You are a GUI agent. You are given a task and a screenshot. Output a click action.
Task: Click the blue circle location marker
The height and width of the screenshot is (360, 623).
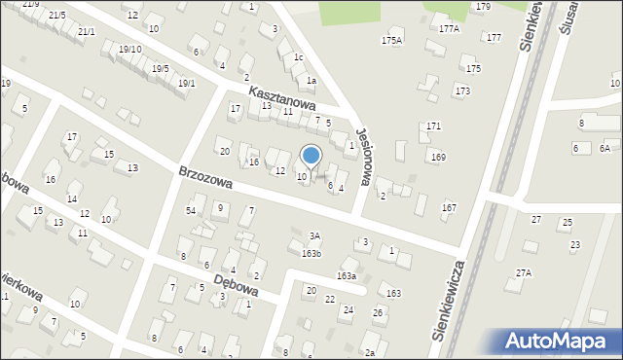click(311, 155)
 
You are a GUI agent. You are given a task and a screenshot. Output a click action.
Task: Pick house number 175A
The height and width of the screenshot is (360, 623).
click(391, 40)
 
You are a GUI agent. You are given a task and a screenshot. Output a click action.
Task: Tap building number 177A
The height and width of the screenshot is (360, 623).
click(449, 29)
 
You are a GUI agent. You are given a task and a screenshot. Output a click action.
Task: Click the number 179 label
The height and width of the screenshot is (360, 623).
click(483, 7)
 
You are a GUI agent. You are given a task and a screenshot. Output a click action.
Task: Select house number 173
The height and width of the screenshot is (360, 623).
click(462, 90)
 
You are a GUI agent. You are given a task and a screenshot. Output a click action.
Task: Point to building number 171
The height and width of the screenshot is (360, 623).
click(434, 126)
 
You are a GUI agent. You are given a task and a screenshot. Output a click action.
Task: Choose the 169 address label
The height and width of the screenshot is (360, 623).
click(439, 157)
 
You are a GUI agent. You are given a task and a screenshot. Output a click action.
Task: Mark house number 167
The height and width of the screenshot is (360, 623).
click(449, 207)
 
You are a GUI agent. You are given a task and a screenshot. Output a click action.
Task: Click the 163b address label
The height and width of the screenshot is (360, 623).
click(311, 253)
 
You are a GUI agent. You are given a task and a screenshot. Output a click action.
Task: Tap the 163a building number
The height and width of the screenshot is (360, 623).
click(347, 276)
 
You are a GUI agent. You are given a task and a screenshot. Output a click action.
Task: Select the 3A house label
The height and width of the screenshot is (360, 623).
click(314, 235)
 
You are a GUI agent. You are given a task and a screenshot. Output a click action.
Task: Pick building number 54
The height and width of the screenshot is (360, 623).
click(191, 210)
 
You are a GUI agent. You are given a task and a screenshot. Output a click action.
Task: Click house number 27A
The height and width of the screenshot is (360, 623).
click(524, 273)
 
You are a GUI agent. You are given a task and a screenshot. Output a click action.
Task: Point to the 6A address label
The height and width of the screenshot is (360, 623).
click(605, 148)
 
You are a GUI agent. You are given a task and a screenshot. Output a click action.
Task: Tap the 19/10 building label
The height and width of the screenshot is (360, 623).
click(129, 50)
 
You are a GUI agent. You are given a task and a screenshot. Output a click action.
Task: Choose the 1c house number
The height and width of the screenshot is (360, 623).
click(299, 58)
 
